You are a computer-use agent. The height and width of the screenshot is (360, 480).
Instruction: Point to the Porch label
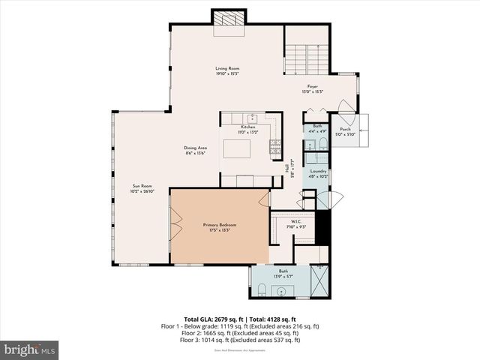pyautogui.click(x=345, y=129)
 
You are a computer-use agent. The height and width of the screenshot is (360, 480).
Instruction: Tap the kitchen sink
pyautogui.click(x=253, y=118)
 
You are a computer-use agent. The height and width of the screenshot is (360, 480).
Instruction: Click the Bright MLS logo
pyautogui.click(x=30, y=349)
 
